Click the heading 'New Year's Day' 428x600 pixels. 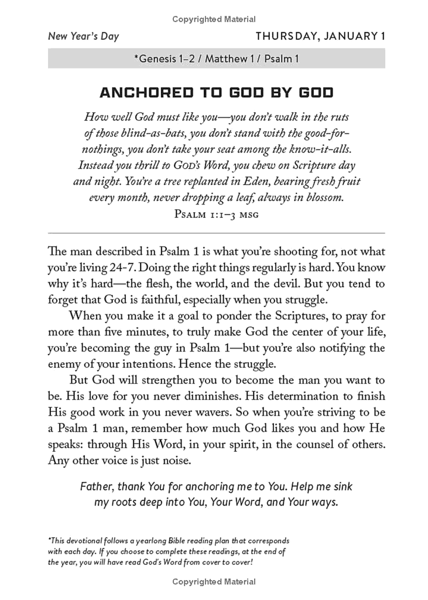(84, 37)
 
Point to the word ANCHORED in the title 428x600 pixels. (144, 93)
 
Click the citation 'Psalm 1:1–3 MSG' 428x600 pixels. (215, 214)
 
